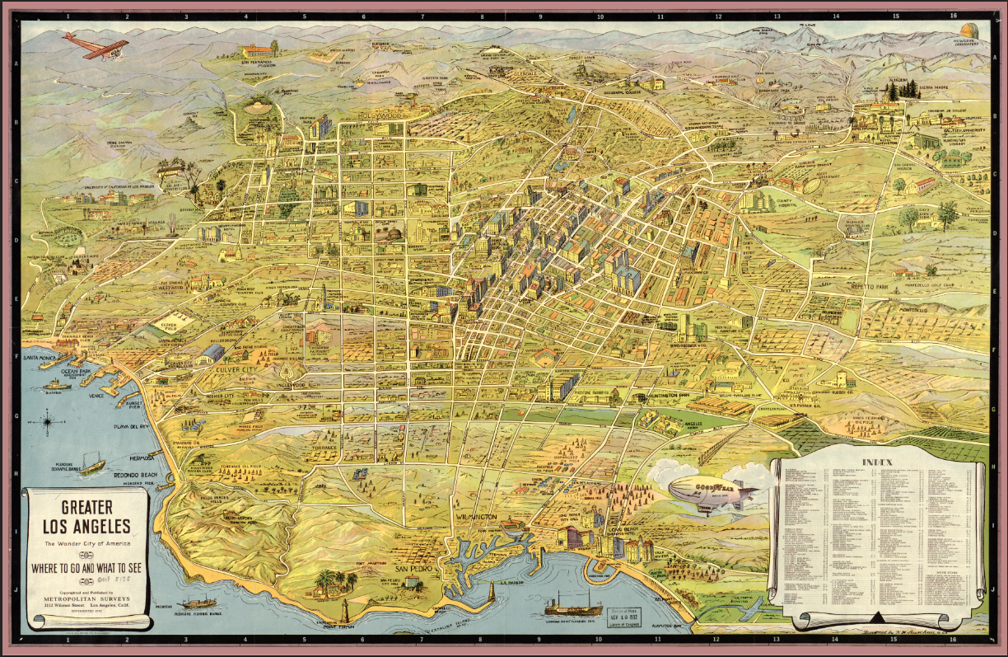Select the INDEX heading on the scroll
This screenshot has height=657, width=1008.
tap(878, 462)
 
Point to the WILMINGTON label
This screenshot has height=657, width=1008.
tap(476, 517)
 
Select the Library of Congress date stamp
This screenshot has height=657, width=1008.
tap(631, 613)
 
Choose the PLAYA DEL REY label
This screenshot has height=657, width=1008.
tap(132, 427)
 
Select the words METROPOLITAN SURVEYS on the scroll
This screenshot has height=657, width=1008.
tap(85, 590)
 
